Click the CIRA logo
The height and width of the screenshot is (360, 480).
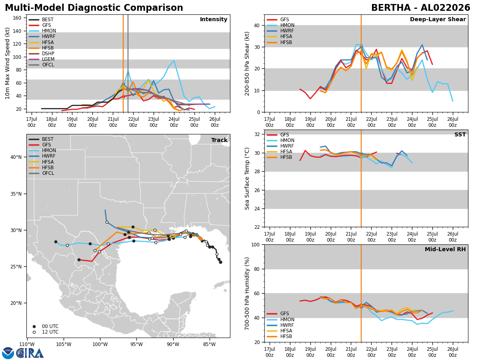(x=23, y=353)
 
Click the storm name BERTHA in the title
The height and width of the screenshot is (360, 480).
(x=391, y=8)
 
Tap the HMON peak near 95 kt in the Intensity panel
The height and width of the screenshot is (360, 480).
(x=174, y=60)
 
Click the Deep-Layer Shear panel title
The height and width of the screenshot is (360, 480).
(x=438, y=19)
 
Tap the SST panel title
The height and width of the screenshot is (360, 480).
(x=460, y=134)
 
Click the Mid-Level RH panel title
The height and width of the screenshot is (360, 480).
(x=445, y=249)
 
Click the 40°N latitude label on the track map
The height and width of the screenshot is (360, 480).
(x=16, y=157)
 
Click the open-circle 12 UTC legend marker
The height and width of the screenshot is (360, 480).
(x=34, y=332)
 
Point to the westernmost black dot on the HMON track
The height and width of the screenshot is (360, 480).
(x=56, y=242)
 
